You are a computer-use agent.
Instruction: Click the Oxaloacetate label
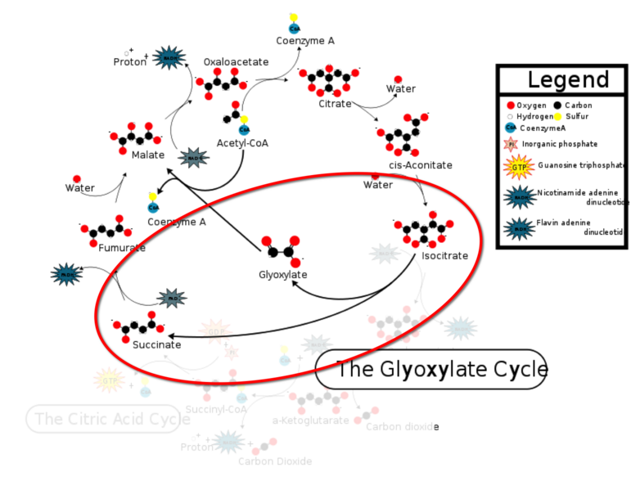(x=236, y=62)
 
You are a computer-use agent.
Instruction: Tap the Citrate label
(x=335, y=104)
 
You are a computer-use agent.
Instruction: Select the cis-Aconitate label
(x=420, y=165)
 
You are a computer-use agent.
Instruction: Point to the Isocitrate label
(x=444, y=256)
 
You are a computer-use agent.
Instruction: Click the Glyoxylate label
(x=282, y=275)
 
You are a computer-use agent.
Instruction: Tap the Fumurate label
(x=122, y=248)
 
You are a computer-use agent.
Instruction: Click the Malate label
(x=147, y=155)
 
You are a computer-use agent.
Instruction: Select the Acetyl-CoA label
(x=242, y=144)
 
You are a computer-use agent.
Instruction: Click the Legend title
(x=568, y=80)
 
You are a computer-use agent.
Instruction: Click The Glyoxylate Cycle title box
(x=430, y=370)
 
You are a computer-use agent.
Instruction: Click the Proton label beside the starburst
(x=129, y=62)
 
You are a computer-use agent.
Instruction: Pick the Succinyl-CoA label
(x=216, y=409)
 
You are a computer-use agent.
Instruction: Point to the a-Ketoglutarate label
(x=310, y=420)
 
